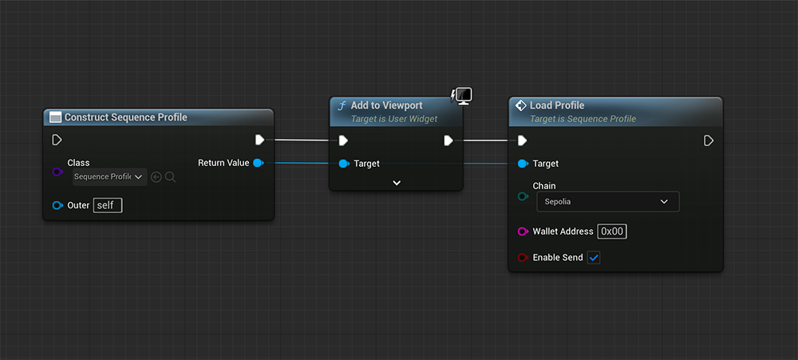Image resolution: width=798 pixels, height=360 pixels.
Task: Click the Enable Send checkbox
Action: tap(594, 258)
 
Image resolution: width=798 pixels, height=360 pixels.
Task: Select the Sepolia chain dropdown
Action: tap(607, 202)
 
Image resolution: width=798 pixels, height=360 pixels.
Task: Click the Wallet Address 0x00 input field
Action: tap(612, 231)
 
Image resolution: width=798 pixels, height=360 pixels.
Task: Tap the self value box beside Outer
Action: tap(108, 205)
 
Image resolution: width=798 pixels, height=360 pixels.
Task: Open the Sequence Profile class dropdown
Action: tap(108, 176)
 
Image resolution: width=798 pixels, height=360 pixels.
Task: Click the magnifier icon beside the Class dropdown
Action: tap(170, 176)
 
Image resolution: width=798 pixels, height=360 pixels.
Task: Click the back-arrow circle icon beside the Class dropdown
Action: tap(156, 176)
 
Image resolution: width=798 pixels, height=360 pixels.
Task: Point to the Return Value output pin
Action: tap(258, 163)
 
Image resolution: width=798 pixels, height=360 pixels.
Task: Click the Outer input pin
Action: tap(57, 205)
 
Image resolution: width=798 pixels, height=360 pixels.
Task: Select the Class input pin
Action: tap(57, 172)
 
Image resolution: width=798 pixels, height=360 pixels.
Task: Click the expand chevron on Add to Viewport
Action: tap(397, 183)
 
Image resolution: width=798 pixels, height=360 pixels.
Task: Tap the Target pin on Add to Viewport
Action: tap(343, 164)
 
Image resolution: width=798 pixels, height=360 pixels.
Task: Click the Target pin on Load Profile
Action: tap(522, 164)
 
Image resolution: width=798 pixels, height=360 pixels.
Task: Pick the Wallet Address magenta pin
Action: tap(522, 231)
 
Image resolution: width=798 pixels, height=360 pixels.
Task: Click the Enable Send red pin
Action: tap(522, 258)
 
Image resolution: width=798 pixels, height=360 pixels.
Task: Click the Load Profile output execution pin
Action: tap(709, 140)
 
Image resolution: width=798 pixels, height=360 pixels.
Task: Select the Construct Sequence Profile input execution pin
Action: tap(57, 140)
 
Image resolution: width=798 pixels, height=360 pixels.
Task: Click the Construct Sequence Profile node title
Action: tap(125, 117)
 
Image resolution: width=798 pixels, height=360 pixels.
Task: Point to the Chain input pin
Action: tap(522, 196)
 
